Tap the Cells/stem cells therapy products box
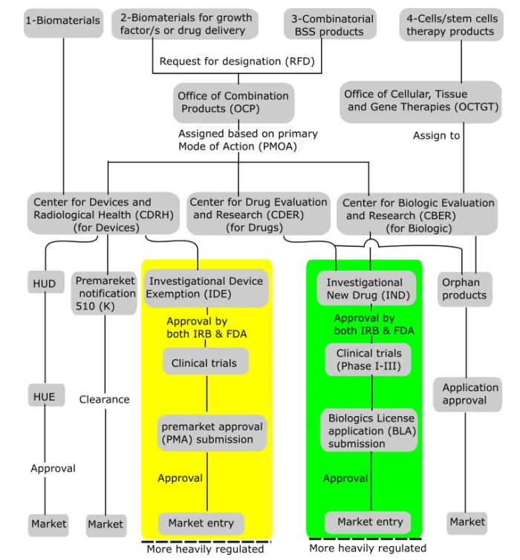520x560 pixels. point(450,23)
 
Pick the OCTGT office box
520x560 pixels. point(421,101)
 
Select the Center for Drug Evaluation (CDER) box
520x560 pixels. point(258,214)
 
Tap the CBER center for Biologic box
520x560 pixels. point(418,215)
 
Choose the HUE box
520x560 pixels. point(44,397)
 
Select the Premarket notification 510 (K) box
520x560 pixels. point(105,294)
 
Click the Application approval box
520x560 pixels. point(469,394)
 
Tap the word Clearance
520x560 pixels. point(104,400)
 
